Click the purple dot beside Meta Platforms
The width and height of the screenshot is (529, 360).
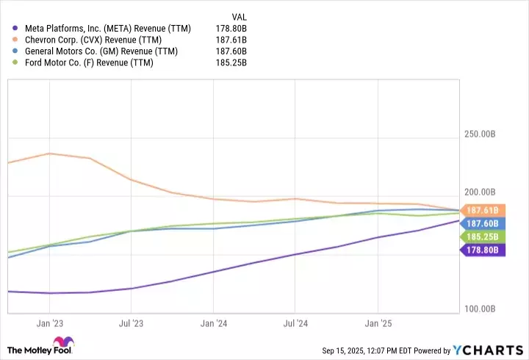pyautogui.click(x=15, y=29)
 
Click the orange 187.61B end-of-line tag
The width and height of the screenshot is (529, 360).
pyautogui.click(x=481, y=210)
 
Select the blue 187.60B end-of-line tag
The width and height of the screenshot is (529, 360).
pyautogui.click(x=481, y=223)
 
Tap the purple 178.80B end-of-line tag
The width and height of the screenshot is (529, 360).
pyautogui.click(x=481, y=250)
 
